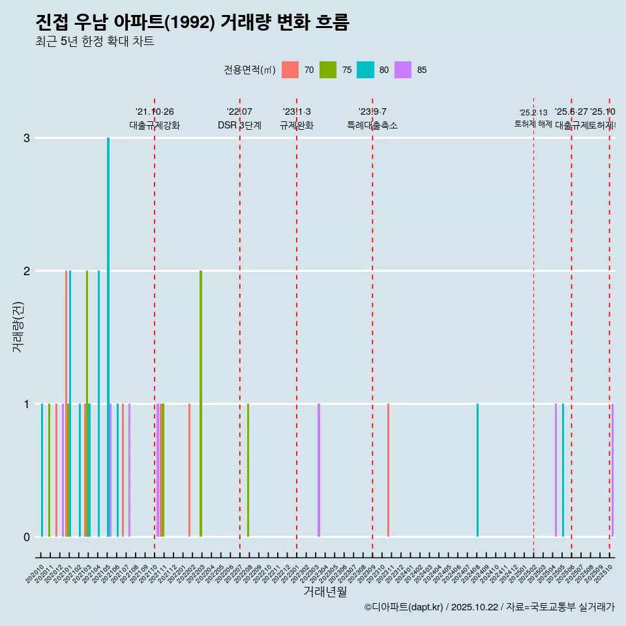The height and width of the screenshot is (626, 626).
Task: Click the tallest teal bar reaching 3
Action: click(x=108, y=336)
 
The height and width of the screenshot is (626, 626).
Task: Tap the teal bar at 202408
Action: click(x=477, y=469)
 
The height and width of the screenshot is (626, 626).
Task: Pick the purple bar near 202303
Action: click(x=319, y=469)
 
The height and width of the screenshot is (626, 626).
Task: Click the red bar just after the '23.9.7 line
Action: click(x=388, y=469)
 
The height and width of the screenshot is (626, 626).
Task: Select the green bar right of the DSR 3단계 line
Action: click(x=248, y=469)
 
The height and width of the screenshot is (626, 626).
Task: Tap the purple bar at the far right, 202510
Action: click(x=612, y=469)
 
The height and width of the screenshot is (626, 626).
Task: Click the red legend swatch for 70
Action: click(x=290, y=70)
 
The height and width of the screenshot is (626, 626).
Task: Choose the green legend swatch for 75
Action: click(x=328, y=70)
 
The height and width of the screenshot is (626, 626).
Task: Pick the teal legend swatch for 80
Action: click(x=365, y=70)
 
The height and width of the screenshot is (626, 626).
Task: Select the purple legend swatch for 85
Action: click(x=403, y=70)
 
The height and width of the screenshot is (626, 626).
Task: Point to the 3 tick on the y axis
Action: click(x=27, y=138)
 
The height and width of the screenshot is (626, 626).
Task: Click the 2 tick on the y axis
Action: click(x=27, y=271)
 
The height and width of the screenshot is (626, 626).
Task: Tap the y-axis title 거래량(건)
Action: click(x=18, y=326)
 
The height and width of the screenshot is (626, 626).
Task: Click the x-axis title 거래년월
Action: click(x=325, y=591)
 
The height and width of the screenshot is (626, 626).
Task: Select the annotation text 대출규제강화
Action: click(x=155, y=125)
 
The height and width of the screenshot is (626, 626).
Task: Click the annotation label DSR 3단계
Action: click(x=240, y=125)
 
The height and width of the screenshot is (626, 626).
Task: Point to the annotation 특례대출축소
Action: click(x=372, y=125)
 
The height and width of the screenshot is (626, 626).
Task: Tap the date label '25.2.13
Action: click(x=533, y=113)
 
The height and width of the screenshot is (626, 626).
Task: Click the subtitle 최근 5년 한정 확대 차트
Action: click(x=95, y=42)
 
